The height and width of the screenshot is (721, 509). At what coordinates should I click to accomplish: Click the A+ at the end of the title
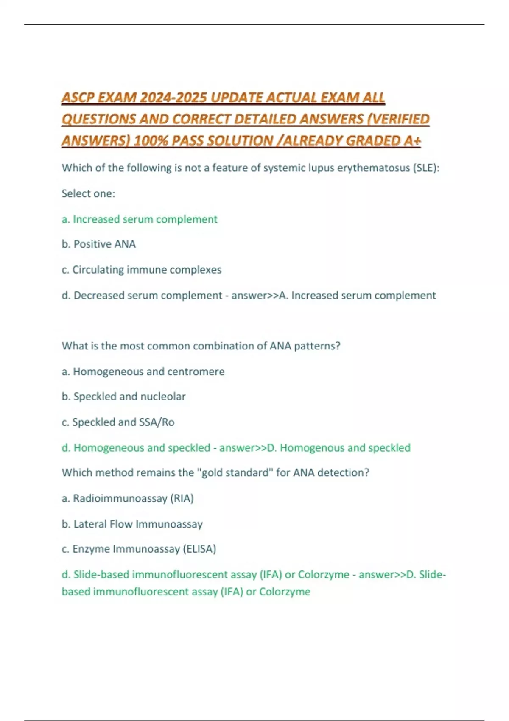pyautogui.click(x=412, y=141)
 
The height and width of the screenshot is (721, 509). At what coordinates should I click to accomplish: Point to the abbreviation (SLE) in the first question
pyautogui.click(x=425, y=168)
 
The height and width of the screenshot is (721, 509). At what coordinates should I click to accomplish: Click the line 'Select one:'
pyautogui.click(x=88, y=193)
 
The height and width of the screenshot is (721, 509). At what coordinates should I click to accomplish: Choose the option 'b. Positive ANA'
pyautogui.click(x=99, y=244)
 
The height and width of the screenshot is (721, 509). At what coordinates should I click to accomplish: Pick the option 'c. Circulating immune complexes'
pyautogui.click(x=142, y=270)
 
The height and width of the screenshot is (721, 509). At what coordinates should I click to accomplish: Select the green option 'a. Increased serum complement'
pyautogui.click(x=140, y=219)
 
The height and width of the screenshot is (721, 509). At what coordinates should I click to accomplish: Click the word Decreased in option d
pyautogui.click(x=99, y=296)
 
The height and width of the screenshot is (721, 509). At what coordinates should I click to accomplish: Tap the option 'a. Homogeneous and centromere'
pyautogui.click(x=143, y=372)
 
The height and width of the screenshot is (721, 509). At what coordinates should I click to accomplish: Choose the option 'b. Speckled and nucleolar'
pyautogui.click(x=123, y=397)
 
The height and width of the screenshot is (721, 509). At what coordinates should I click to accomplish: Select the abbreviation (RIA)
pyautogui.click(x=182, y=498)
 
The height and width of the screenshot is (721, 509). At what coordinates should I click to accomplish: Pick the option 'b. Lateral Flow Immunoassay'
pyautogui.click(x=132, y=524)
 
